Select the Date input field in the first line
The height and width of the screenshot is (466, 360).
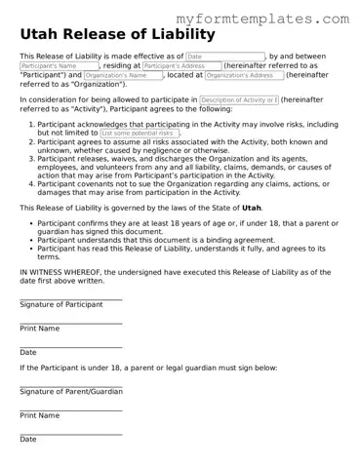click(224, 58)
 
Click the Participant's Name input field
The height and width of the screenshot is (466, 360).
click(59, 66)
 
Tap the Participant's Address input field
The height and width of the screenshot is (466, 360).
click(181, 66)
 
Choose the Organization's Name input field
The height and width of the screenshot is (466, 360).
click(122, 75)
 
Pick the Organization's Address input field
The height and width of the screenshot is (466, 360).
click(244, 75)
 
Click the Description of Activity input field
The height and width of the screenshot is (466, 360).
click(239, 99)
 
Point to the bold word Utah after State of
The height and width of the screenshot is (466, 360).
click(252, 208)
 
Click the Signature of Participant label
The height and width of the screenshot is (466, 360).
click(60, 304)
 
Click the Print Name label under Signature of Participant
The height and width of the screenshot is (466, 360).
click(39, 329)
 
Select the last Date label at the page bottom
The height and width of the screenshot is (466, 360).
click(27, 440)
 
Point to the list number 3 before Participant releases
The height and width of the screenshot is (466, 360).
click(26, 157)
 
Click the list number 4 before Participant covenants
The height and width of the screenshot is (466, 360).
click(26, 181)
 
